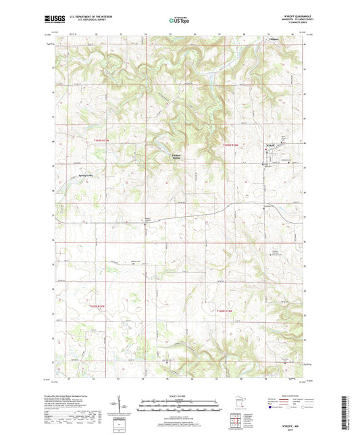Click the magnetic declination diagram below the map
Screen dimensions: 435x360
[x=126, y=409]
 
